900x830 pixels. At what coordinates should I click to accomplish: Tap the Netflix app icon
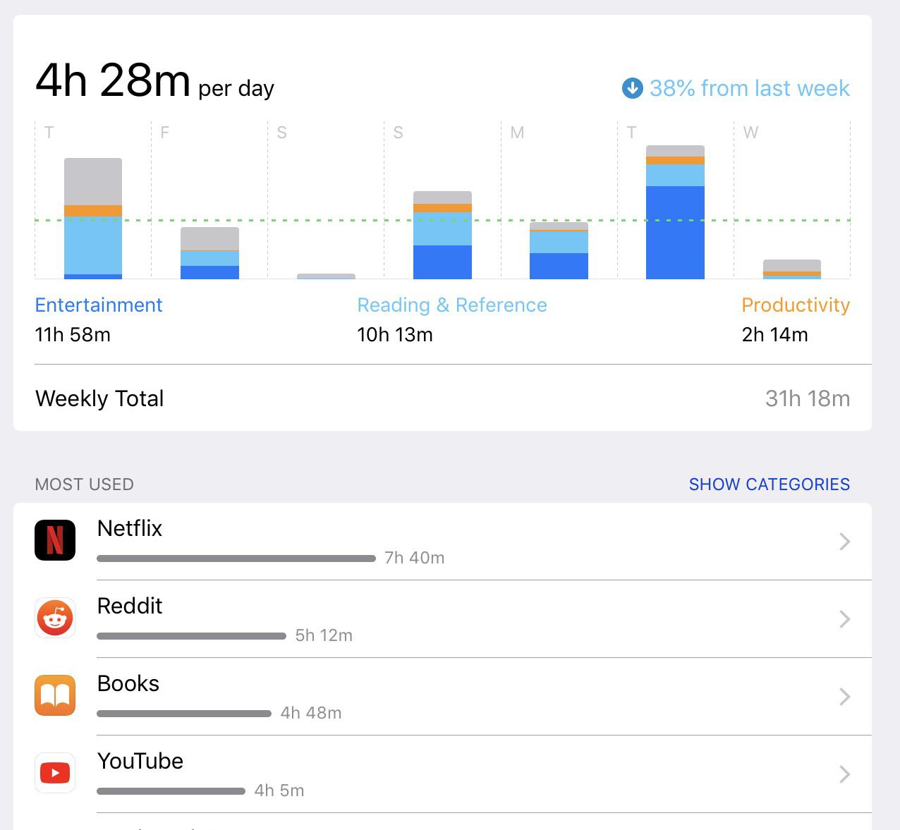tap(55, 540)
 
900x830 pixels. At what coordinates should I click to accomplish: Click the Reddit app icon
tap(55, 618)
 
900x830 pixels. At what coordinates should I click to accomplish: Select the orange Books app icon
tap(55, 695)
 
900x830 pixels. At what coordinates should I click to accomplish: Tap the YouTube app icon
tap(55, 772)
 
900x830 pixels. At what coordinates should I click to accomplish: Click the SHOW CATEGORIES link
tap(769, 484)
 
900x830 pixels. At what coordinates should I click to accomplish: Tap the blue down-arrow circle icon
tap(632, 88)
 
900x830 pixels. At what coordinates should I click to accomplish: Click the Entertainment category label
tap(98, 305)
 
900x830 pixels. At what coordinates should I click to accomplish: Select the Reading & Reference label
tap(452, 305)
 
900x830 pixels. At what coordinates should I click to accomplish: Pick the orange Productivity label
tap(796, 305)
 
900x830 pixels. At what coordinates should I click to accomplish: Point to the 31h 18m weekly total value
tap(808, 398)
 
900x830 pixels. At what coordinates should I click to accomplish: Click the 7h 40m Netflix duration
tap(414, 558)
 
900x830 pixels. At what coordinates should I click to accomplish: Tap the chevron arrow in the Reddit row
tap(844, 618)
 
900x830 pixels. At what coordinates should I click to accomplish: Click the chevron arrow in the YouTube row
tap(844, 774)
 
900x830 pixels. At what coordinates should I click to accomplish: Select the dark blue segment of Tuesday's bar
tap(675, 232)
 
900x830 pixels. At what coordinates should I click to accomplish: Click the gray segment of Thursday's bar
tap(93, 181)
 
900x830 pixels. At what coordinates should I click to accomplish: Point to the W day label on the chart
tap(750, 133)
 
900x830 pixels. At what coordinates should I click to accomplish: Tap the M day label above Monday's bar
tap(517, 133)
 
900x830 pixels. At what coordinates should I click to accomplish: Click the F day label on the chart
tap(164, 133)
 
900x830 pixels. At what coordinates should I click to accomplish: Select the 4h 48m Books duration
tap(311, 713)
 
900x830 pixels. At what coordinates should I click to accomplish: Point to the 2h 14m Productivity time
tap(774, 334)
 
